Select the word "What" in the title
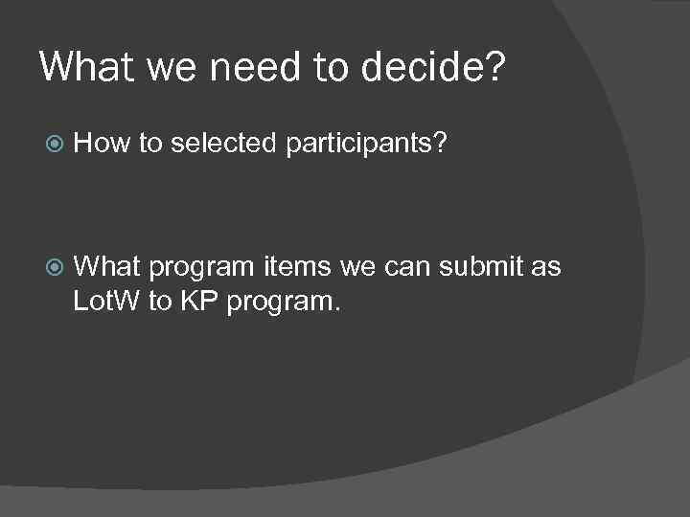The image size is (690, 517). (83, 68)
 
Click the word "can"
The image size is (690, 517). (405, 266)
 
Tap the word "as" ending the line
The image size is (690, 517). (545, 266)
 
